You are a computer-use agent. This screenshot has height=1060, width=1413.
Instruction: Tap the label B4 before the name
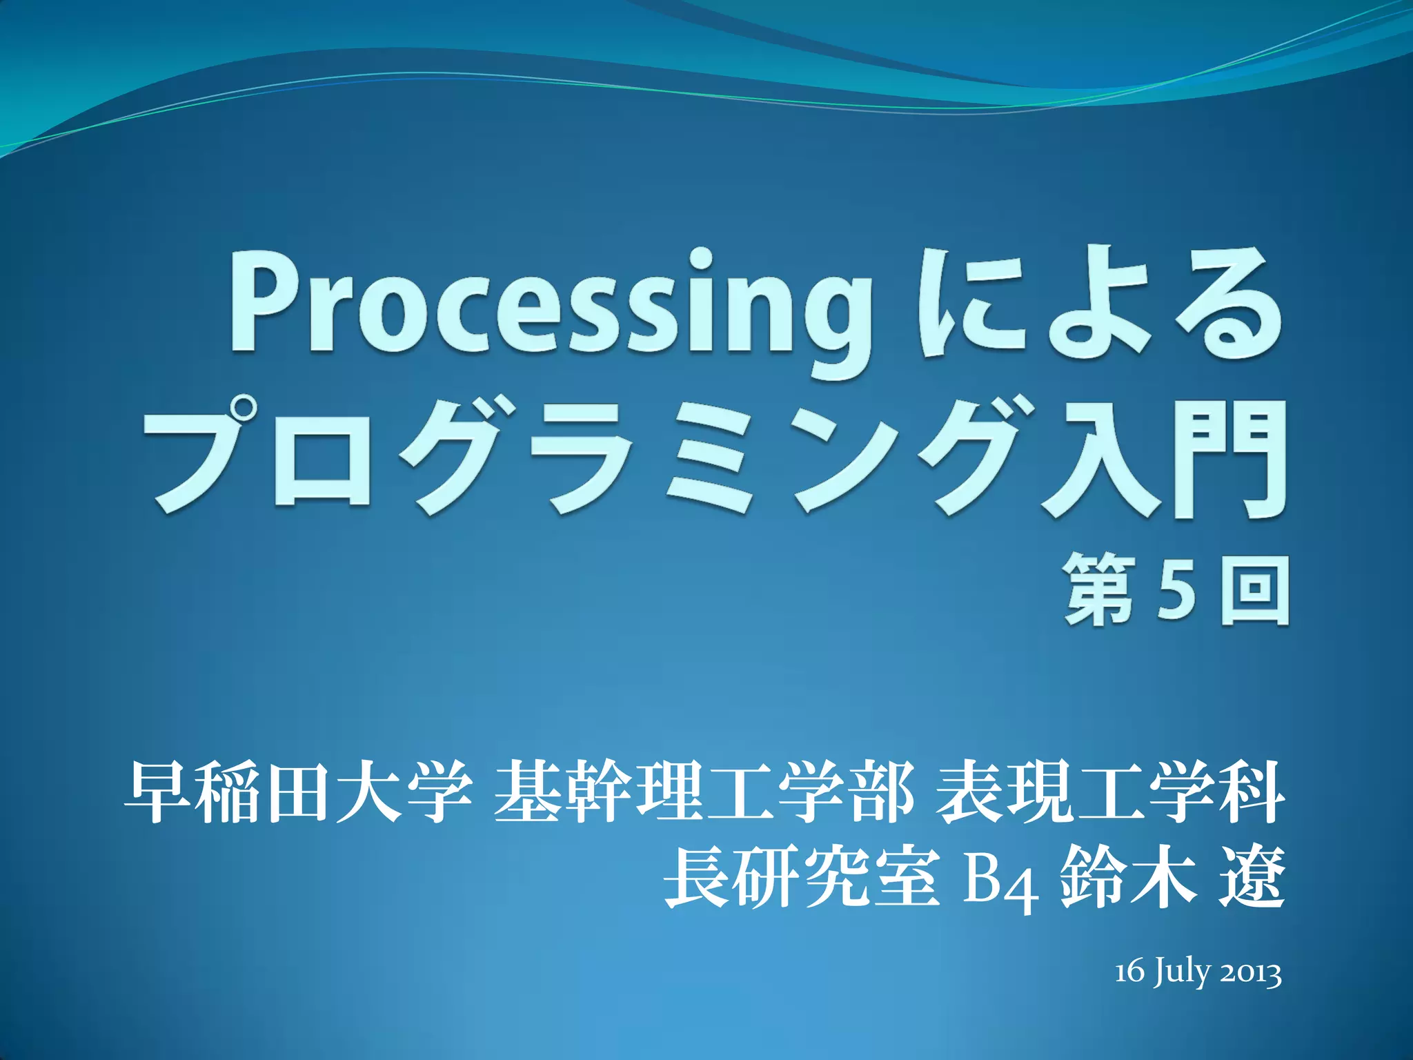1001,881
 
